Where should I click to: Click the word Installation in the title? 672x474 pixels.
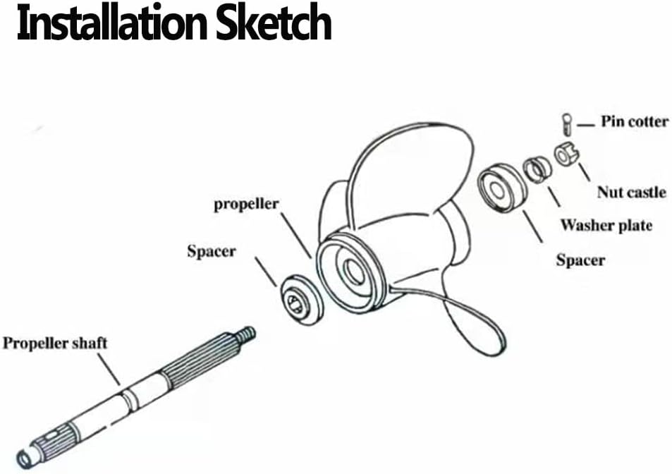(113, 23)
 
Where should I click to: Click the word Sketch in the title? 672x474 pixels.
(274, 23)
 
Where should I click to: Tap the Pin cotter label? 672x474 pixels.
(635, 121)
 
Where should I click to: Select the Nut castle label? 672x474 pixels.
(632, 192)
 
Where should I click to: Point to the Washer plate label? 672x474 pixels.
(606, 225)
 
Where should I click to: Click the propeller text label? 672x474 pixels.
(246, 204)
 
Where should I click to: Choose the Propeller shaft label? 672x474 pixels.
(55, 344)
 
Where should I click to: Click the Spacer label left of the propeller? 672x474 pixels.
(212, 251)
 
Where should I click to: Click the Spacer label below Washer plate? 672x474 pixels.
(580, 260)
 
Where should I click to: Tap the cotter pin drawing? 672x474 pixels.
(566, 124)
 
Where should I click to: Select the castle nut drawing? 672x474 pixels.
(566, 154)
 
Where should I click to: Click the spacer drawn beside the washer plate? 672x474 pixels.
(501, 188)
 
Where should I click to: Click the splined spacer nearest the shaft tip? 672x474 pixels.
(302, 300)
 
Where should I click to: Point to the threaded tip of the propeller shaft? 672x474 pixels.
(248, 334)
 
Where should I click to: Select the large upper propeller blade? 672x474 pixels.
(411, 171)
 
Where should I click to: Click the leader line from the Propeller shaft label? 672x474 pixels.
(109, 370)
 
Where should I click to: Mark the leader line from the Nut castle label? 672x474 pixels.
(584, 172)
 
